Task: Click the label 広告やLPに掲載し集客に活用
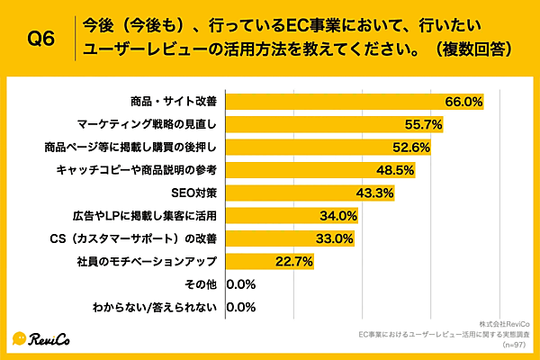point(145,216)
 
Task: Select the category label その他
point(200,285)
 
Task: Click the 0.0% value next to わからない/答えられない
point(241,309)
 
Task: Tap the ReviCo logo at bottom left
point(41,338)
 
